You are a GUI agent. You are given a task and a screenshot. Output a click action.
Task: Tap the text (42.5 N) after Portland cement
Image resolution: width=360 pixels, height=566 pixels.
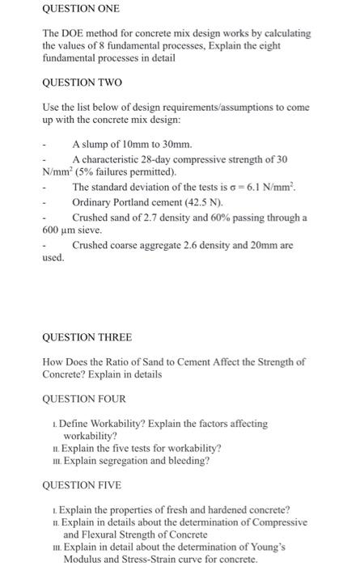[197, 202]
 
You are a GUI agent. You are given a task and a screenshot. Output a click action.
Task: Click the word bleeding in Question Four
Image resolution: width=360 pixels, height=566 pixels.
[187, 461]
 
